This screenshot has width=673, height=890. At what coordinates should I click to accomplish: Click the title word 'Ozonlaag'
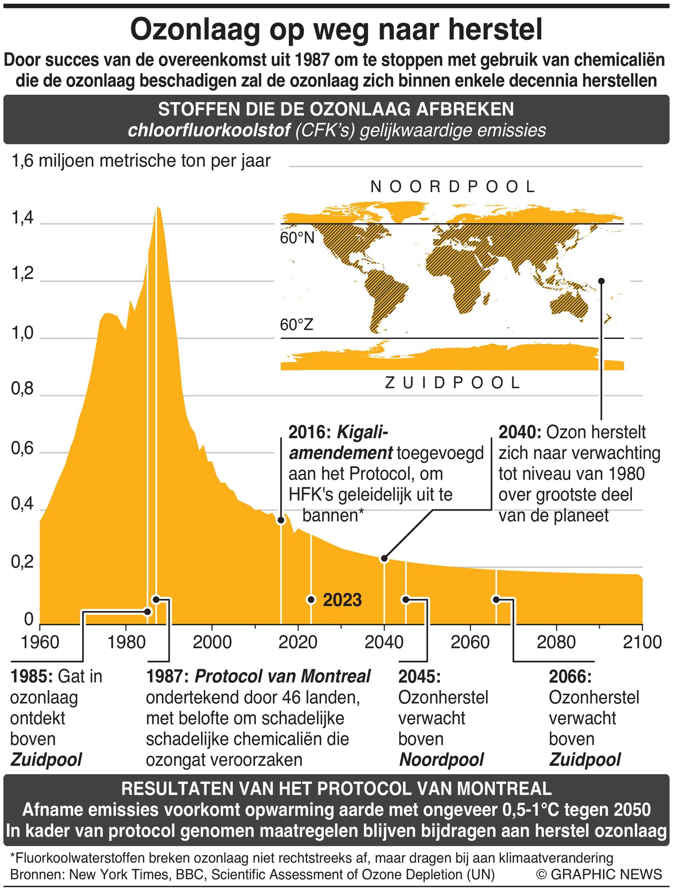[x=195, y=30]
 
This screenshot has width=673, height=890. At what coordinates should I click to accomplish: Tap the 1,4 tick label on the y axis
[x=22, y=218]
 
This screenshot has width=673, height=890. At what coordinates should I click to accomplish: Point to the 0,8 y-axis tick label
[x=22, y=389]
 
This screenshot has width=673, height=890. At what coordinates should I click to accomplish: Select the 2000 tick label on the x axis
[x=212, y=642]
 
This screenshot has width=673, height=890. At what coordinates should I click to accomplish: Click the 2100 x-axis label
[x=642, y=642]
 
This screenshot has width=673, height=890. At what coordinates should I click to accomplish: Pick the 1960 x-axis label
[x=40, y=642]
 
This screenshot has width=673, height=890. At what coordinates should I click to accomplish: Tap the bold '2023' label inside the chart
[x=342, y=600]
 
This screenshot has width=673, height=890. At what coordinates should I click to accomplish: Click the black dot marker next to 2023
[x=311, y=600]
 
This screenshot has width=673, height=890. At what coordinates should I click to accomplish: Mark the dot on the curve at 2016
[x=281, y=521]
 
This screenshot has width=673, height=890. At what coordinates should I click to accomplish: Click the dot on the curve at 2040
[x=384, y=558]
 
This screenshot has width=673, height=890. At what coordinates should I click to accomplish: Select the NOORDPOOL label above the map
[x=453, y=187]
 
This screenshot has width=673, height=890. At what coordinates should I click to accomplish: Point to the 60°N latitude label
[x=297, y=238]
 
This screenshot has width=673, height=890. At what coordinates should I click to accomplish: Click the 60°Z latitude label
[x=296, y=325]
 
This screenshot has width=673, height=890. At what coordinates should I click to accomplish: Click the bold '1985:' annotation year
[x=32, y=676]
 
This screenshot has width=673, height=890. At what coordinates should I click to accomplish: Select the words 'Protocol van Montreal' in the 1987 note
[x=283, y=676]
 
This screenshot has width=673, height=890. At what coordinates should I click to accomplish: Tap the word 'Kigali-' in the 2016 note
[x=362, y=433]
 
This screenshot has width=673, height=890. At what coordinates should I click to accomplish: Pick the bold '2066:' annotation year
[x=570, y=676]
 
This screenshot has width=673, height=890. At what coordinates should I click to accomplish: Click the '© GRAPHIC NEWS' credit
[x=599, y=874]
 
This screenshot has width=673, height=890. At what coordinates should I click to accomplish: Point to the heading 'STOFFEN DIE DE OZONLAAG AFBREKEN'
[x=336, y=109]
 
